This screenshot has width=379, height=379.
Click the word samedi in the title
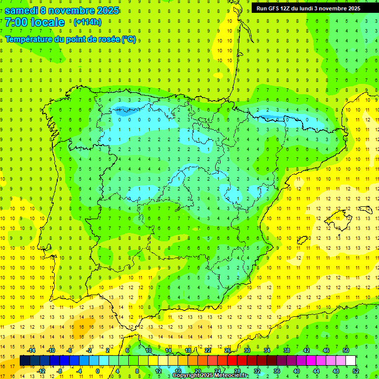click(x=21, y=10)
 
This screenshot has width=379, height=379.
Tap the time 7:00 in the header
click(x=16, y=22)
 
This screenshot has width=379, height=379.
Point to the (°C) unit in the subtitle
click(x=129, y=39)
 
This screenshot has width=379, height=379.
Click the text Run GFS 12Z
click(x=274, y=8)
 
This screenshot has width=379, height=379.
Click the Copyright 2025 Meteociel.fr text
click(x=210, y=376)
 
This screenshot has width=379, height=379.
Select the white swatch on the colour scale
click(x=351, y=361)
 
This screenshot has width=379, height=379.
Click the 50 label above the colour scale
click(x=346, y=350)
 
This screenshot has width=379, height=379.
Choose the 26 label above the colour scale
click(x=227, y=350)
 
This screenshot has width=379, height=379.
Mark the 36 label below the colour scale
click(x=277, y=371)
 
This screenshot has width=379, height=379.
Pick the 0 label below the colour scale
click(x=98, y=371)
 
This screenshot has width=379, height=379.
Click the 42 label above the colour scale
click(x=306, y=350)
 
